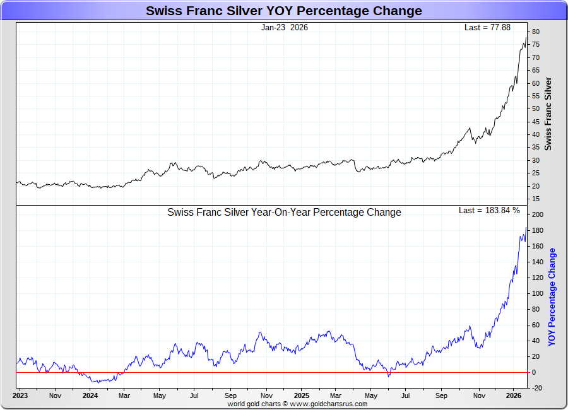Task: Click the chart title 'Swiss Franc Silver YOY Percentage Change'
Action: point(284,11)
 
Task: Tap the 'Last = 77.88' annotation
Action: point(487,28)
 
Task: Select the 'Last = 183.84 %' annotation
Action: point(489,211)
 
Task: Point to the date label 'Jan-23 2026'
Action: point(285,28)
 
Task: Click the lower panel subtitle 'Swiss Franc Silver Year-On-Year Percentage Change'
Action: point(284,213)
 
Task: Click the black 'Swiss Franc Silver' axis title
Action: point(548,114)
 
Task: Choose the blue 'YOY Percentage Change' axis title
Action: point(552,296)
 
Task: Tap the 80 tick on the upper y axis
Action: point(535,32)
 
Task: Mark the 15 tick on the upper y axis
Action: point(535,199)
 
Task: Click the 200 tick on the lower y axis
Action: point(537,215)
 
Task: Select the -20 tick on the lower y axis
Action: point(537,388)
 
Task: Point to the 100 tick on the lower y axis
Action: point(537,293)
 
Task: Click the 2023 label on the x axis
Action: point(20,396)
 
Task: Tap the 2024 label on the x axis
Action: point(90,396)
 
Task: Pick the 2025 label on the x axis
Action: point(301,396)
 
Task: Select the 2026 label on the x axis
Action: point(513,396)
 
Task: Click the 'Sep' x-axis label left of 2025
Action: point(230,396)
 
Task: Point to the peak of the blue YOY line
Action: point(526,228)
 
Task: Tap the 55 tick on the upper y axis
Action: point(535,96)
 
